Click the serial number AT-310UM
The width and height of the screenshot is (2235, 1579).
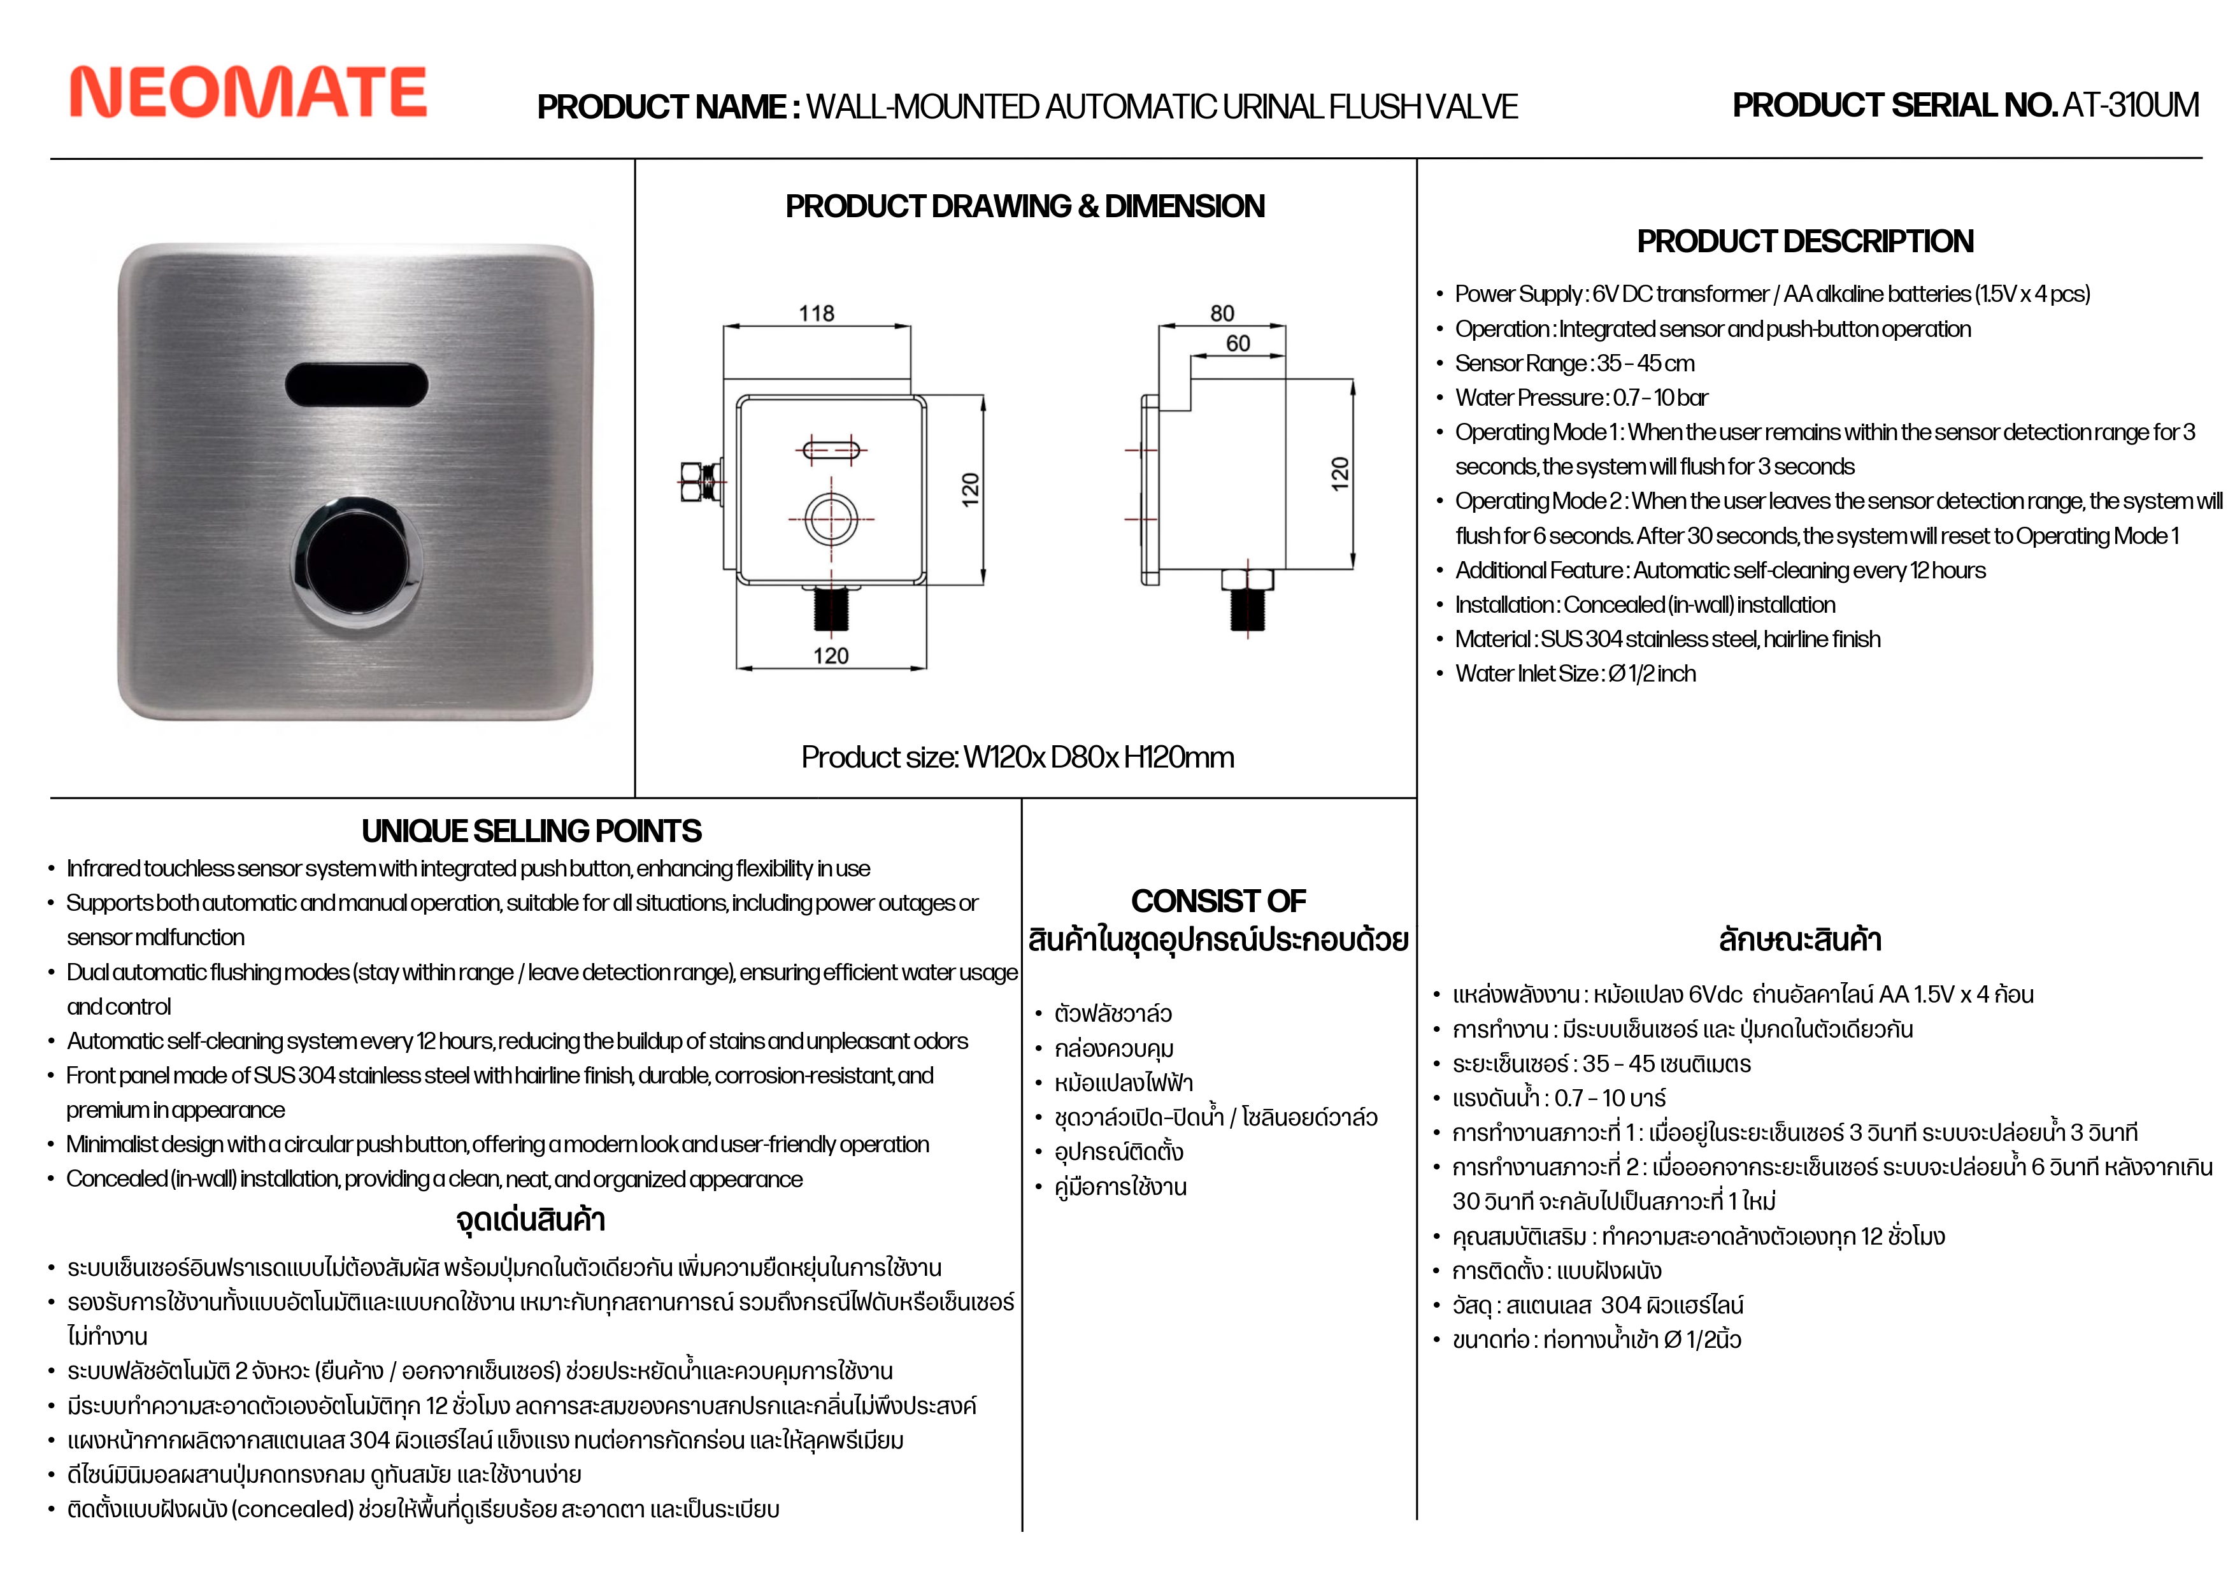click(2130, 105)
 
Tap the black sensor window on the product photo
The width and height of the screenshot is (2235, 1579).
click(356, 385)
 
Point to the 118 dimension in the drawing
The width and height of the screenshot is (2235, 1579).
click(816, 313)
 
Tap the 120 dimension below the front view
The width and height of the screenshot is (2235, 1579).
click(831, 656)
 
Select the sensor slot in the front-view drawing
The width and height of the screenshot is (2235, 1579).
click(831, 450)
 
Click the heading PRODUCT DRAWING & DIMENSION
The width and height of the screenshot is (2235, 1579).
click(1025, 206)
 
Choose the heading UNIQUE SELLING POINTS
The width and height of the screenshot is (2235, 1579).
click(531, 831)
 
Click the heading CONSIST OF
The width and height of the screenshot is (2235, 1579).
click(1218, 901)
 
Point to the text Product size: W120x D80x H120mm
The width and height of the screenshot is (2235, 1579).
click(1017, 757)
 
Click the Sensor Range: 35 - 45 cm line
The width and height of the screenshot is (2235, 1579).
click(1574, 363)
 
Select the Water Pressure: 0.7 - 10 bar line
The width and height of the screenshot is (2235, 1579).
click(1581, 397)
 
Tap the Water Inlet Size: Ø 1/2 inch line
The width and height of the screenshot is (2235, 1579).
click(1575, 674)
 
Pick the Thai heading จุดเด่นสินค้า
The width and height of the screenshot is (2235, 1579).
click(531, 1220)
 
